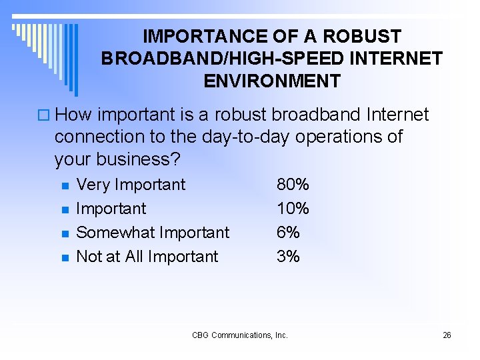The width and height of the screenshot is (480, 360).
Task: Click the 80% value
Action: tap(293, 185)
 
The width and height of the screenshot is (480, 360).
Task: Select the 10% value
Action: tap(293, 209)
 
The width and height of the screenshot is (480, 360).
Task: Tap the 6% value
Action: tap(288, 233)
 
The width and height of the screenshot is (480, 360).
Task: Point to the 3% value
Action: tap(288, 257)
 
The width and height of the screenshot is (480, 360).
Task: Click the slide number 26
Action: tap(447, 335)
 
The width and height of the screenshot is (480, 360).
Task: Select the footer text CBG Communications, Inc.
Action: tap(240, 335)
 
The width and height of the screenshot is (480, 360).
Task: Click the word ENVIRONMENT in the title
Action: tap(272, 81)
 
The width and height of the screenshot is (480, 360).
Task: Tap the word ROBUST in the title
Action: tap(368, 36)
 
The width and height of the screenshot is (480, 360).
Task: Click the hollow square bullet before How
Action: tap(43, 115)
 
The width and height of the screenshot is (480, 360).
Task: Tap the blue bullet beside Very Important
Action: tap(65, 185)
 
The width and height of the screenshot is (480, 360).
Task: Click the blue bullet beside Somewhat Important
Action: tap(65, 233)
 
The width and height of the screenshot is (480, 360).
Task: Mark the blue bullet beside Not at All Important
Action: tap(65, 257)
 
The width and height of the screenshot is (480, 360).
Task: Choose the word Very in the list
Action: tap(93, 185)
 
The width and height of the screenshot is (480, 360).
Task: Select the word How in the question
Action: tap(74, 115)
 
